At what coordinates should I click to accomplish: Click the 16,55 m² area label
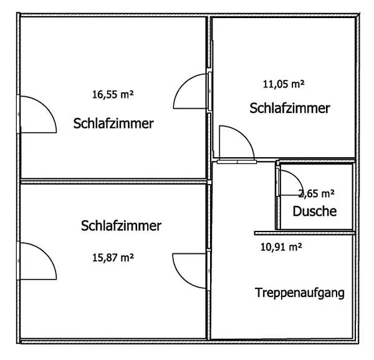click(x=113, y=94)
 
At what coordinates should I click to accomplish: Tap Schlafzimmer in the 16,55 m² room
click(x=113, y=124)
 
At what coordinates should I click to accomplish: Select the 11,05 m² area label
click(x=284, y=84)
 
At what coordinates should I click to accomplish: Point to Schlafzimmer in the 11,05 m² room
click(x=290, y=108)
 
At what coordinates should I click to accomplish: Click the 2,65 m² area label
click(x=316, y=193)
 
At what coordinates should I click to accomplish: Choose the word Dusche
click(x=315, y=211)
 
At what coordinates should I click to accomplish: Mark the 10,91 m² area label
click(x=281, y=246)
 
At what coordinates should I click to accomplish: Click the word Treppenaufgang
click(x=300, y=293)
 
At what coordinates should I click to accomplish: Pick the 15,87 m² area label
click(x=113, y=258)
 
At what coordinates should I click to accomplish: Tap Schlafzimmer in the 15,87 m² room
click(x=121, y=225)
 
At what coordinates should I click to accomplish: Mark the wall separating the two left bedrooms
click(x=114, y=182)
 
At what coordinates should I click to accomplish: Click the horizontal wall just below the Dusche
click(x=305, y=233)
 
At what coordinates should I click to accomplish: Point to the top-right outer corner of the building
click(x=359, y=14)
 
